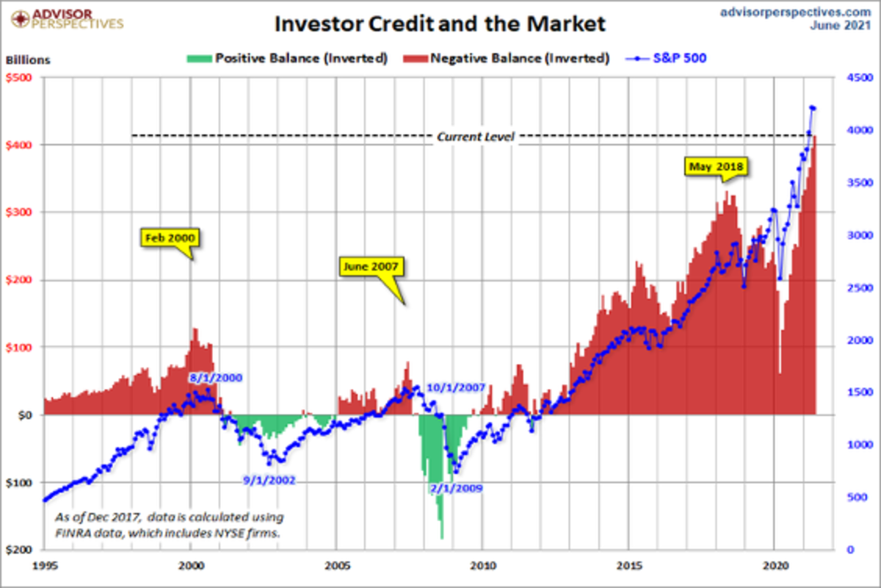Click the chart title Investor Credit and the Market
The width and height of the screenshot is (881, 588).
[440, 24]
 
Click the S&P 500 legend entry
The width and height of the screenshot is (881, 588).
[669, 58]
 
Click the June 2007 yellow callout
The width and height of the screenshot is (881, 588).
[372, 267]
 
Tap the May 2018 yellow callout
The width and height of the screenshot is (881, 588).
[717, 167]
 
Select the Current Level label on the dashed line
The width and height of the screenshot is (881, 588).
[476, 137]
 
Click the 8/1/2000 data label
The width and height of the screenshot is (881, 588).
[214, 378]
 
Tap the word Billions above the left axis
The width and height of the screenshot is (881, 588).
[28, 60]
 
